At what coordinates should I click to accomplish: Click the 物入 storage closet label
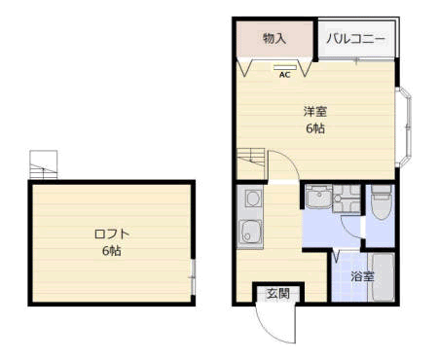274,38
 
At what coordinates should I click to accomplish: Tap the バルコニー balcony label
355,39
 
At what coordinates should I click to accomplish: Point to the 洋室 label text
315,111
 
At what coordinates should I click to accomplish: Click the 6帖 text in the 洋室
315,128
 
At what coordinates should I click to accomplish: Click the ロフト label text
112,234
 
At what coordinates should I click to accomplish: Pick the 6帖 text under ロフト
112,251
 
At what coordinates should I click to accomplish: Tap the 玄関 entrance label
278,293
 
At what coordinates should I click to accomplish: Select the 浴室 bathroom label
362,276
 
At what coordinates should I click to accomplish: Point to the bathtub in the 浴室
383,276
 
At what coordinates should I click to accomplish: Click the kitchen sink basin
250,232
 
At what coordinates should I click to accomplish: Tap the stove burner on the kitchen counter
253,198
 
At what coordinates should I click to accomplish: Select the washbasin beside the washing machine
318,197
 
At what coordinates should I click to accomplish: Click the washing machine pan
347,198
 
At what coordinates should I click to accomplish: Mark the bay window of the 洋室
403,127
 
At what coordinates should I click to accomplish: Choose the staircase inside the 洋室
251,158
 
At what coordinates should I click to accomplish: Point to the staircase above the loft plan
44,164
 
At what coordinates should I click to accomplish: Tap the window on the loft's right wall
193,277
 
